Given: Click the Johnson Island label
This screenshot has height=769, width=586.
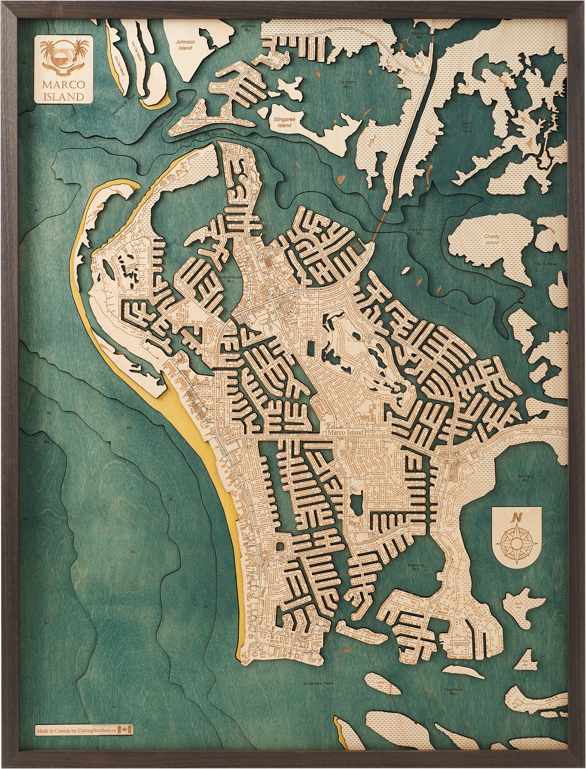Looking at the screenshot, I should [x=185, y=45].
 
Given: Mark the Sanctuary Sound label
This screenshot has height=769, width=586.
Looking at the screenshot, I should [x=456, y=309].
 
